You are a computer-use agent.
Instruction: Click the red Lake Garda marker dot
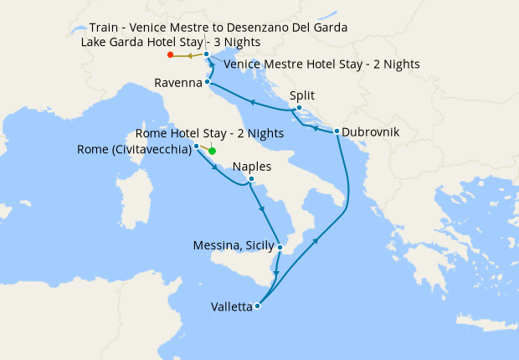[x=171, y=55]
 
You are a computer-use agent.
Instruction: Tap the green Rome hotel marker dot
[x=213, y=152]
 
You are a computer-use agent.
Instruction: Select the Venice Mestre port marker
[x=207, y=54]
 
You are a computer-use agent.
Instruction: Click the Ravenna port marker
[x=207, y=82]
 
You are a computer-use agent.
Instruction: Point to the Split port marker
[x=299, y=107]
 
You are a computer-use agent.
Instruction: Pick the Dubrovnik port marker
[x=337, y=131]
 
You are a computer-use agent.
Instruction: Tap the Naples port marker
[x=251, y=178]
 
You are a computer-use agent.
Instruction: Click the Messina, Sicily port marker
[x=280, y=247]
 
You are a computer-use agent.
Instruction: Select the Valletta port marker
[x=257, y=306]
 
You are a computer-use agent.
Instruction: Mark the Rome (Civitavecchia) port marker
[x=196, y=147]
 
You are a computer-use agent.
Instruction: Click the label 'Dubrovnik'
[x=371, y=132]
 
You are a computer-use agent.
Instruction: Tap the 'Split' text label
[x=301, y=95]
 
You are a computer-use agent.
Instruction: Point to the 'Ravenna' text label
[x=178, y=83]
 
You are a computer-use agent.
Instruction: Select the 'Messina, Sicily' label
[x=234, y=246]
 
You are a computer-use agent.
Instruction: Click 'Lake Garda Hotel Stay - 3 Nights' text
[x=171, y=42]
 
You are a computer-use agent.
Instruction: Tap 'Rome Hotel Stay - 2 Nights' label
[x=208, y=133]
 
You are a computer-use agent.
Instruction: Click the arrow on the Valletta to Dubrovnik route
[x=316, y=240]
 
